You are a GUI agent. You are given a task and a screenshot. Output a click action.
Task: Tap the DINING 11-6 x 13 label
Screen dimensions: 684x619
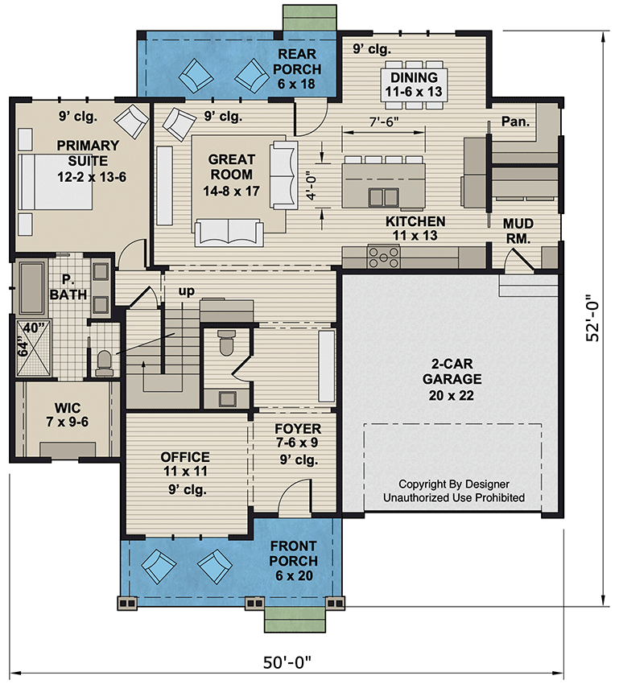414,84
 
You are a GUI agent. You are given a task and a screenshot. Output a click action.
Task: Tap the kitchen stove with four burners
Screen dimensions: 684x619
384,257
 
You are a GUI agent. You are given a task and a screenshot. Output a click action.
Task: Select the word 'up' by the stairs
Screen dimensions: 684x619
186,291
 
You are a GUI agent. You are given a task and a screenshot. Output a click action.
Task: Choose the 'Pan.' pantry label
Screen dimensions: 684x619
514,122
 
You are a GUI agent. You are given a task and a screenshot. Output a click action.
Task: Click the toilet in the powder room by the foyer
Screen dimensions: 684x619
225,344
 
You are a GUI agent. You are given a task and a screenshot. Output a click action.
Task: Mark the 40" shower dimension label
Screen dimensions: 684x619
32,327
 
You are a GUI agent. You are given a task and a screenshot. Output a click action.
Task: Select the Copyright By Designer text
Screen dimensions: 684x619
454,484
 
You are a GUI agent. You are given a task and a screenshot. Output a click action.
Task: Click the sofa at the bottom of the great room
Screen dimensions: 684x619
229,231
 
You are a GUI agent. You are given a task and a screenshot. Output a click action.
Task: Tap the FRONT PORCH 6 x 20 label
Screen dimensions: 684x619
293,561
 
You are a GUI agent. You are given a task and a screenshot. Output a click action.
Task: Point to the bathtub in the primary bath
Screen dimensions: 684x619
31,287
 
